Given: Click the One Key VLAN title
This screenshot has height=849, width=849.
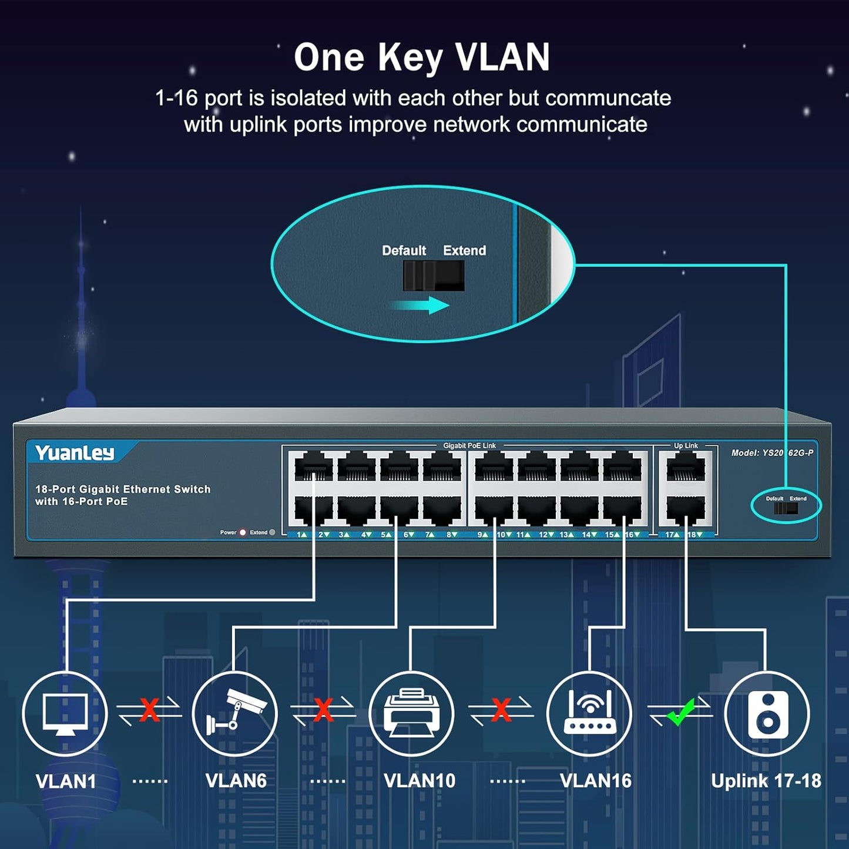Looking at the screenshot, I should click(x=422, y=58).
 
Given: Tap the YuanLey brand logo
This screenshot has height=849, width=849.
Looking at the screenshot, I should click(x=75, y=453).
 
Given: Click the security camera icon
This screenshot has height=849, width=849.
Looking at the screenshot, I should click(x=235, y=713).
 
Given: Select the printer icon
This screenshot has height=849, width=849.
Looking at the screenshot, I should click(x=411, y=713).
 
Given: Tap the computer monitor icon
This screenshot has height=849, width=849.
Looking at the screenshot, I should click(x=65, y=713).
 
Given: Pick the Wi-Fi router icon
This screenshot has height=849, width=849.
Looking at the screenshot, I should click(x=589, y=713).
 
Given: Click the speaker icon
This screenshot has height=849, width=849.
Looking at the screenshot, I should click(x=767, y=714).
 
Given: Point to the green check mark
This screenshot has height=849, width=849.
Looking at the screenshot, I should click(x=681, y=712).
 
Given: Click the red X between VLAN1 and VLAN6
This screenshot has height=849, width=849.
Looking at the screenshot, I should click(x=149, y=710).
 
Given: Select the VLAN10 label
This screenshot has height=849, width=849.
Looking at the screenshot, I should click(x=419, y=780).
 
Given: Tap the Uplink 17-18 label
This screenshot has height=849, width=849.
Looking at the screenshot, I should click(x=766, y=780).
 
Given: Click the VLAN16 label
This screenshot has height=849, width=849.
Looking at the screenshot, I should click(x=595, y=780).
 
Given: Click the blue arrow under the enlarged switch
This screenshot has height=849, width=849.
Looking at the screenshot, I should click(x=421, y=305).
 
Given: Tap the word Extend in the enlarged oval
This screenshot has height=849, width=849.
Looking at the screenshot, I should click(x=464, y=250).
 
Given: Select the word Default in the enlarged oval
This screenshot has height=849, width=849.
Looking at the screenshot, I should click(x=404, y=250).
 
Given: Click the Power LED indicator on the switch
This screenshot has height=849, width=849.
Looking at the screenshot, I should click(x=243, y=532).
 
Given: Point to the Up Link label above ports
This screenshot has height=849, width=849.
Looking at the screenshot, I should click(x=686, y=445).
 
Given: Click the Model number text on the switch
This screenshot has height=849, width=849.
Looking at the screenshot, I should click(x=772, y=452).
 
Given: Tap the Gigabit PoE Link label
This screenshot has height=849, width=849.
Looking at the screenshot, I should click(x=469, y=445).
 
